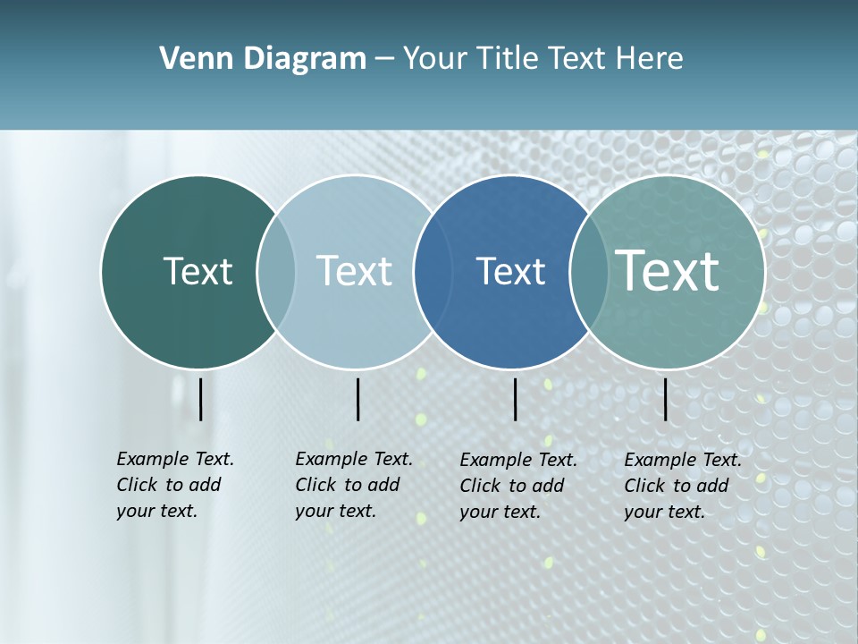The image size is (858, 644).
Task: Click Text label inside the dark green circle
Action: (198, 271)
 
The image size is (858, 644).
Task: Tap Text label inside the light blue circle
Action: (355, 271)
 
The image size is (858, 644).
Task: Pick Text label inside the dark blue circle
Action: (510, 271)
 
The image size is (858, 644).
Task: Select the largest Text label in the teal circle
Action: (668, 270)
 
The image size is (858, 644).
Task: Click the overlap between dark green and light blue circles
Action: (276, 272)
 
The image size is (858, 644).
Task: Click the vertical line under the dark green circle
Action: (201, 399)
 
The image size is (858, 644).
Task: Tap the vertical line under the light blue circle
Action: (357, 399)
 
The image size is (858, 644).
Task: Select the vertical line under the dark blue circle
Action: (516, 399)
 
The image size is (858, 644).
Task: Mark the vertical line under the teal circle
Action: (666, 399)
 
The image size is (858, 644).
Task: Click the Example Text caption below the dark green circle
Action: (175, 485)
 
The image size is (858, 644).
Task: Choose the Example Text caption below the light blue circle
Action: (354, 485)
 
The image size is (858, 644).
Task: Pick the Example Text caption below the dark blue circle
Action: (518, 486)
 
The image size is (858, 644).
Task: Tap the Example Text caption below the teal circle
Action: (683, 486)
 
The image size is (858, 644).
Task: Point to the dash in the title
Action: (384, 60)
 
